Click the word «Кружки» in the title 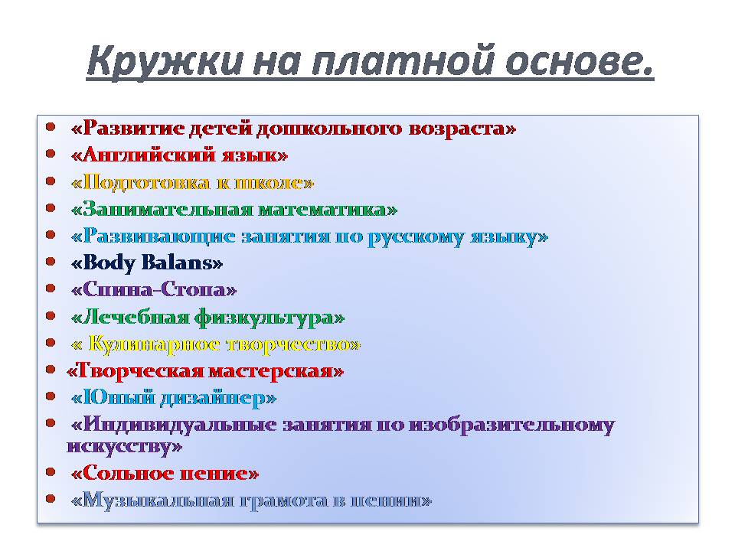click(x=165, y=61)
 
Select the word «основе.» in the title click(x=580, y=61)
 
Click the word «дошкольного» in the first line click(x=329, y=129)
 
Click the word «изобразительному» click(x=511, y=425)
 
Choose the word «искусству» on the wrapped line click(x=119, y=446)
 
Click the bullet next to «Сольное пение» click(x=51, y=472)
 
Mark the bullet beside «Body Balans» click(x=51, y=262)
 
